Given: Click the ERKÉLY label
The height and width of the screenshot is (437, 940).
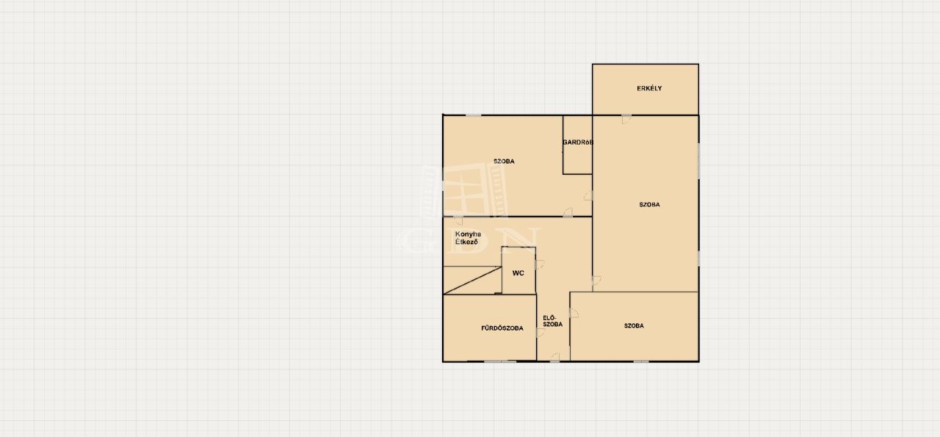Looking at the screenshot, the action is (649, 88).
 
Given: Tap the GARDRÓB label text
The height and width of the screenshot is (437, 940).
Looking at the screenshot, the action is (578, 142).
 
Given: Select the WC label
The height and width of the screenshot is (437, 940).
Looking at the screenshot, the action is (518, 273).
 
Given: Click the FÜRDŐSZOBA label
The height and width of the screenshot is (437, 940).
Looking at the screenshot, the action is (502, 328).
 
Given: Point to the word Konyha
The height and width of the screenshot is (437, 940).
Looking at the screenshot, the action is (468, 234).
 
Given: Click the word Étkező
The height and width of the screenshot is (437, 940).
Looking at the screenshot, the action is (466, 242).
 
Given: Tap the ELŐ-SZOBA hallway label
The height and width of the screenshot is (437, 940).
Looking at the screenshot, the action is (553, 321).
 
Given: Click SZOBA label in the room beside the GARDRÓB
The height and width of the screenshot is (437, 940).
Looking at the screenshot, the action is (504, 161).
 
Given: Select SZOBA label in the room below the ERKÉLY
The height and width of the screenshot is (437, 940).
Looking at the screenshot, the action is (649, 204).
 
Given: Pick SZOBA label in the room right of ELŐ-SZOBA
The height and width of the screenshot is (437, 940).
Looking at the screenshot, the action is (634, 325).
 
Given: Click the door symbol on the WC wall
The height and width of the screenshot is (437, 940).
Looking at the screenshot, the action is (540, 264).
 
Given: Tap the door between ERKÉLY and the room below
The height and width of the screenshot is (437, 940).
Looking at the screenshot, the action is (626, 119).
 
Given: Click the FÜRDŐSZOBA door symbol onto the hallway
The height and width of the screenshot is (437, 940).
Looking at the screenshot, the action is (540, 333).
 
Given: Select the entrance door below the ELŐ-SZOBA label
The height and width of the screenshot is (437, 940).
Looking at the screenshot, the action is (554, 357).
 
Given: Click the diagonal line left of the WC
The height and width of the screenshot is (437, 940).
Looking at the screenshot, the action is (472, 281).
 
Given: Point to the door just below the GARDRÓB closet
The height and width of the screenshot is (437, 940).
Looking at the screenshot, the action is (588, 195).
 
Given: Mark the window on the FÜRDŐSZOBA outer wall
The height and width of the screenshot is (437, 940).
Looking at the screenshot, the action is (500, 361).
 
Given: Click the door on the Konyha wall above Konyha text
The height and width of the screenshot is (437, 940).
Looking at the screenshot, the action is (458, 221).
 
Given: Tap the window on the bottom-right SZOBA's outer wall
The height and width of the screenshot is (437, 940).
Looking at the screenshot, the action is (641, 361).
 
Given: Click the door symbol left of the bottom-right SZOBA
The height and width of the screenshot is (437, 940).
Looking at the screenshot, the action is (574, 313).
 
